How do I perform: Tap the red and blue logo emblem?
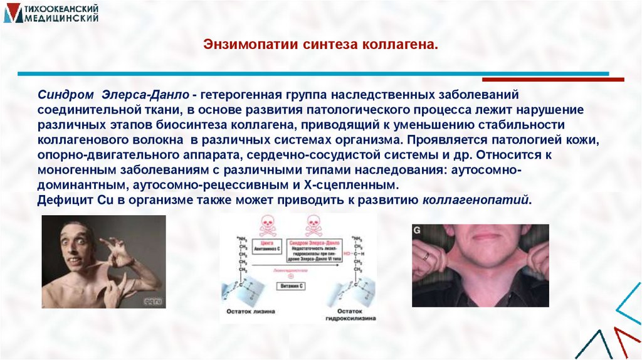13,14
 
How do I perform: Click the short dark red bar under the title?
553,80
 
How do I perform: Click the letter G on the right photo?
418,231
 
